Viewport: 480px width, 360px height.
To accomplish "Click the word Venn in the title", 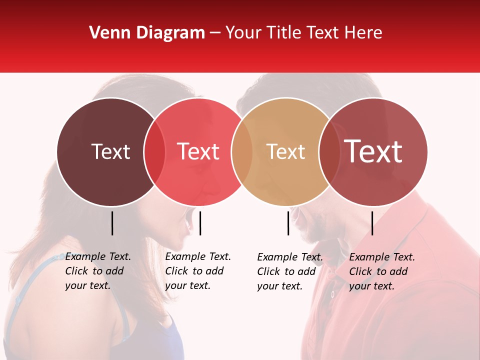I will pos(110,33).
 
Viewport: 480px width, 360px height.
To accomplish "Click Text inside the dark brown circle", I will pos(110,151).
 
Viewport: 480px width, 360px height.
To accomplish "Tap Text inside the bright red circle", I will pos(198,151).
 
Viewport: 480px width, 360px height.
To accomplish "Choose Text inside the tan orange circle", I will pos(285,151).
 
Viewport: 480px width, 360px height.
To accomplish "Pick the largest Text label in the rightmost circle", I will pos(373,151).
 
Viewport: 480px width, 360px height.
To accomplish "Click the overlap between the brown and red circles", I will pos(154,151).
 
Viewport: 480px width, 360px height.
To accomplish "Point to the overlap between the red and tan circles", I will pos(242,151).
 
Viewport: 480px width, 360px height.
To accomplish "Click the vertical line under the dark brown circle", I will pos(112,223).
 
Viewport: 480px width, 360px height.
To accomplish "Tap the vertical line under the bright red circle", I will pos(200,223).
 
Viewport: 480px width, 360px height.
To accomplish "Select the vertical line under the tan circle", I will pos(288,223).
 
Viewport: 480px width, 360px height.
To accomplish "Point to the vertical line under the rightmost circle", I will pos(372,223).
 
